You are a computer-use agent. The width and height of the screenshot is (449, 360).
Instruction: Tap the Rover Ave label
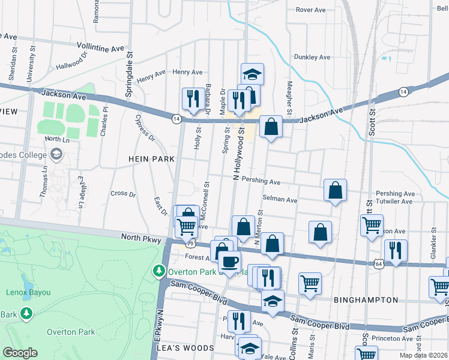point(310,10)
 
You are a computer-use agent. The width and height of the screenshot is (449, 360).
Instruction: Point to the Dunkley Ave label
point(312,58)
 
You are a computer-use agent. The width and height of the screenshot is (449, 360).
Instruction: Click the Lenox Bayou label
point(25,292)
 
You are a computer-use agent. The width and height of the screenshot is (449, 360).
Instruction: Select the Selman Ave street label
point(280,199)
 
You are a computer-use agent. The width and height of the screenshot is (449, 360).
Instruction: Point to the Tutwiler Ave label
point(394,202)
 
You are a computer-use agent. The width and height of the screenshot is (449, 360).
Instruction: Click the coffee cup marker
point(229,261)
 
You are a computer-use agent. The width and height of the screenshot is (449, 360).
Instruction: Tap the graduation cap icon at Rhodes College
point(56,154)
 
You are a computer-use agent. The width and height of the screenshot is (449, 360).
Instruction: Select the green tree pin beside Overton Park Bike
point(158,271)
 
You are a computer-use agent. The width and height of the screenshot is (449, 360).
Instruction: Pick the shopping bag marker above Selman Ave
point(335,190)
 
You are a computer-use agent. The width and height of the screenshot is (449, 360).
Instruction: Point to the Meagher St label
point(289,99)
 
